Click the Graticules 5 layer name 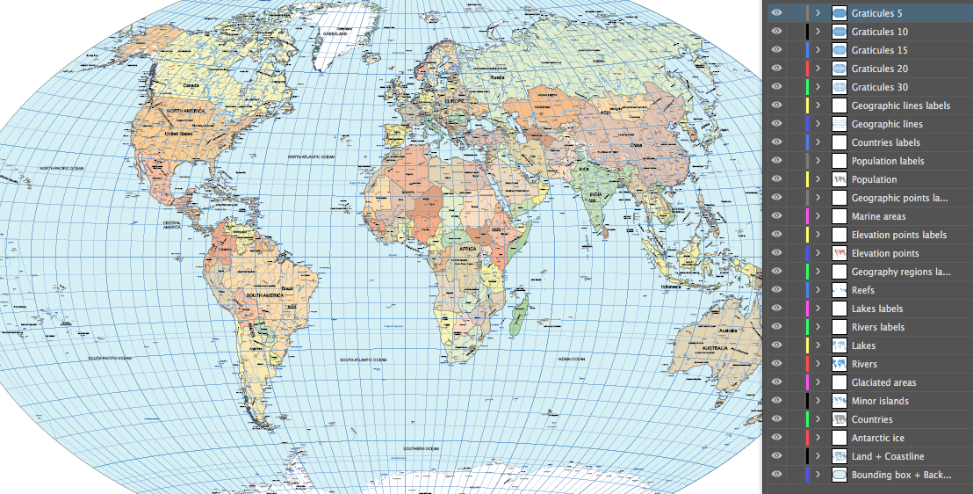click(x=876, y=13)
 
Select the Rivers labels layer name click(x=877, y=327)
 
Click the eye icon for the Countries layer click(x=776, y=419)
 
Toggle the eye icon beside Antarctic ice click(x=776, y=438)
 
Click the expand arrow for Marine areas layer click(x=818, y=216)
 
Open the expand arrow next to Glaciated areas click(x=818, y=382)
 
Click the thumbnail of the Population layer click(x=839, y=179)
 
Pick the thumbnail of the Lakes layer click(x=839, y=345)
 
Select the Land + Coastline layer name click(x=888, y=456)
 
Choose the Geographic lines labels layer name click(x=900, y=105)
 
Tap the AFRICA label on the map click(x=467, y=249)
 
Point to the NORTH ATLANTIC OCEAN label click(x=312, y=156)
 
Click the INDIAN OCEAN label click(x=572, y=359)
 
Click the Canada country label click(x=191, y=85)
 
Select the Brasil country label click(x=286, y=288)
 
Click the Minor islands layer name click(x=880, y=401)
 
